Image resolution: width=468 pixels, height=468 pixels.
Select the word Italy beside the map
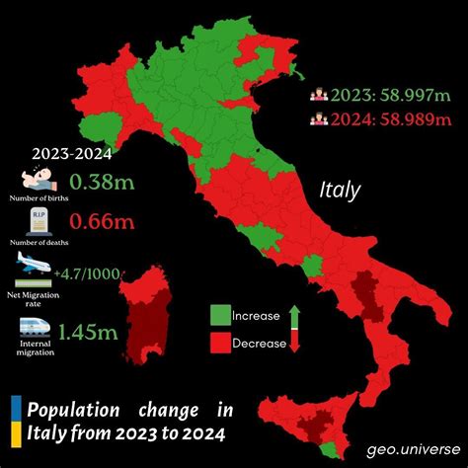click(x=341, y=190)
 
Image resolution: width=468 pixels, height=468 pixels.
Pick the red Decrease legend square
click(x=219, y=343)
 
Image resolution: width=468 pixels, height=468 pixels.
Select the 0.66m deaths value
click(x=102, y=224)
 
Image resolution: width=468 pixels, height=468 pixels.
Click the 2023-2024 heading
click(x=71, y=153)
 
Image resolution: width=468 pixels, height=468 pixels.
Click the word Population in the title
click(x=69, y=410)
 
